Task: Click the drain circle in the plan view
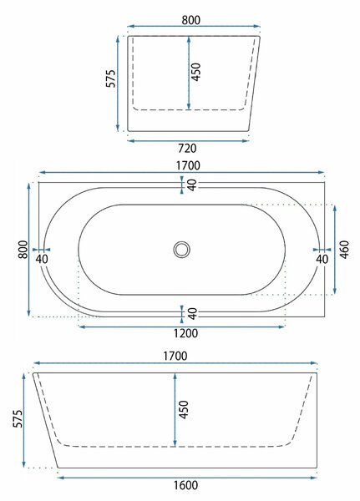(182, 250)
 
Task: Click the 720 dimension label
(187, 149)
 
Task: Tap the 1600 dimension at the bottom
(185, 485)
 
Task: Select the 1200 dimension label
(185, 333)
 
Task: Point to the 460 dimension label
(344, 250)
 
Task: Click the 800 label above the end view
(191, 20)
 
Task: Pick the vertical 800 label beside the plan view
(23, 250)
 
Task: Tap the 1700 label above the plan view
(188, 165)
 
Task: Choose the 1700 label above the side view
(175, 356)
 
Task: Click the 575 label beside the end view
(110, 78)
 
